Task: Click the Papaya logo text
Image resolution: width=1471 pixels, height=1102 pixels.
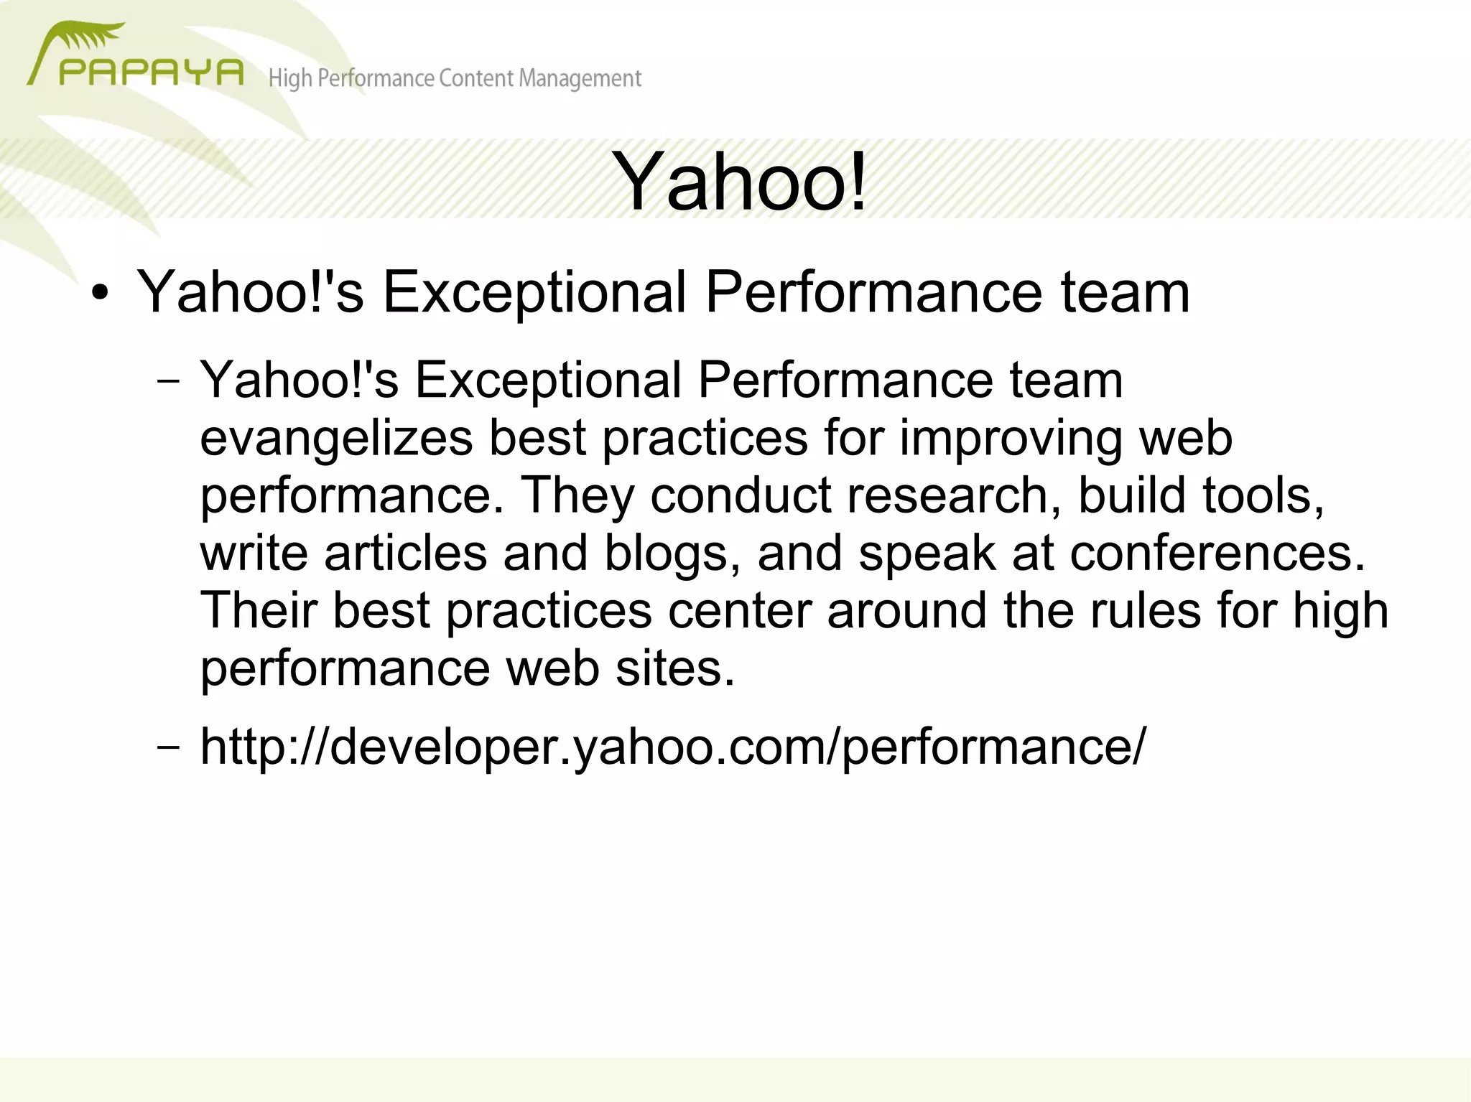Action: click(x=151, y=73)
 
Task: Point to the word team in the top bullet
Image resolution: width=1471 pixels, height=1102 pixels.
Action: click(x=1125, y=292)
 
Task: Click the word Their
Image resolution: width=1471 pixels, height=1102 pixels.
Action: click(x=259, y=610)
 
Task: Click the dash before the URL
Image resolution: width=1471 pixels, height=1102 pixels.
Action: click(x=167, y=747)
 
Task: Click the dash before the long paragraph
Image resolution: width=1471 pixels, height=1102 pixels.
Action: click(x=167, y=380)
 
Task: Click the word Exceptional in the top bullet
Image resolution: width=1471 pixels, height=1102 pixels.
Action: click(x=534, y=292)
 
